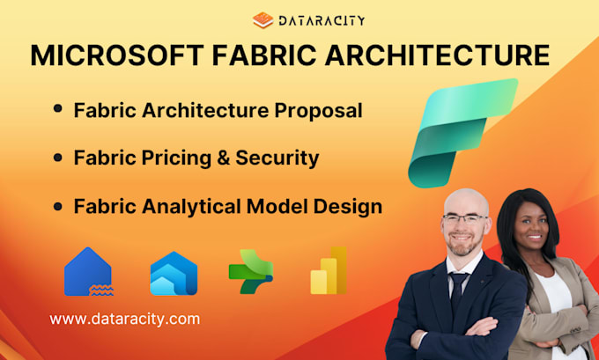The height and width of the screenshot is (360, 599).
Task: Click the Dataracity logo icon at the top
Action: (x=263, y=19)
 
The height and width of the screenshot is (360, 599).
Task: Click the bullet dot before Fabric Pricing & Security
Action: (x=58, y=158)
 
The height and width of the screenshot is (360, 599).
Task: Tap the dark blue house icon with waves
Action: (x=88, y=271)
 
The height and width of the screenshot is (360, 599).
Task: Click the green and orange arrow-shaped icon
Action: (x=250, y=271)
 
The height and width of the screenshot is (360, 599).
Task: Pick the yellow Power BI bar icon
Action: (x=329, y=270)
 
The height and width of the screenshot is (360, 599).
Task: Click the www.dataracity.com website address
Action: (x=124, y=319)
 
